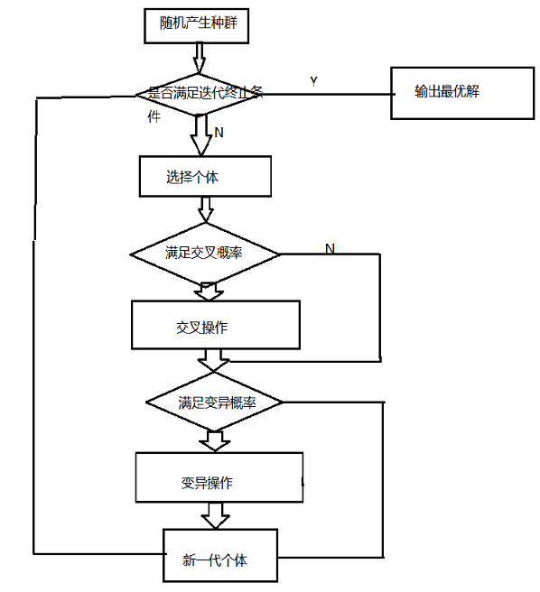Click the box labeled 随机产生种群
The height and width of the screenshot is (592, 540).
[x=196, y=25]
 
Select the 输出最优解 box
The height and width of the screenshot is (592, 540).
[x=462, y=93]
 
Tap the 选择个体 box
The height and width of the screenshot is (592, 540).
[x=205, y=176]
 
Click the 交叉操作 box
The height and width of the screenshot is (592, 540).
[x=216, y=325]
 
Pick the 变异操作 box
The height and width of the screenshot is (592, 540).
[x=219, y=477]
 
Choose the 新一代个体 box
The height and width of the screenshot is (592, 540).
[x=220, y=555]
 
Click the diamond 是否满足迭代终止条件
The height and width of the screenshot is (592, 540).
[x=200, y=94]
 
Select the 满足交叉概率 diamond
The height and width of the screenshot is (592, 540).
[x=205, y=254]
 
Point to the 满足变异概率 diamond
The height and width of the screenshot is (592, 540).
[x=214, y=402]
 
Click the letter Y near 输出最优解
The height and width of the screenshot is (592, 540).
[x=313, y=81]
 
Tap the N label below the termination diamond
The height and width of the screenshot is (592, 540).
[x=219, y=133]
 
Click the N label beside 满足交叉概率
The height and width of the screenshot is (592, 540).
[x=330, y=248]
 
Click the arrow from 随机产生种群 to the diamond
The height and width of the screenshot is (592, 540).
[x=200, y=58]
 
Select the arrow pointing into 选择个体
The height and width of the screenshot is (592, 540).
[x=201, y=135]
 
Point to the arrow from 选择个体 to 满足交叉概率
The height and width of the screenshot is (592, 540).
[x=206, y=209]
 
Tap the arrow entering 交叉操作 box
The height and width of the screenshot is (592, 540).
[x=209, y=291]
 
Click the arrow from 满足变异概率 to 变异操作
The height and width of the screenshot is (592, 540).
[x=215, y=441]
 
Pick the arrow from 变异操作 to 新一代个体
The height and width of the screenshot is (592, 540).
[x=215, y=515]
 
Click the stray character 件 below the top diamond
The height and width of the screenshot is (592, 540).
[x=154, y=117]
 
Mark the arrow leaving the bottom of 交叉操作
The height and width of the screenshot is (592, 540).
[x=213, y=361]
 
